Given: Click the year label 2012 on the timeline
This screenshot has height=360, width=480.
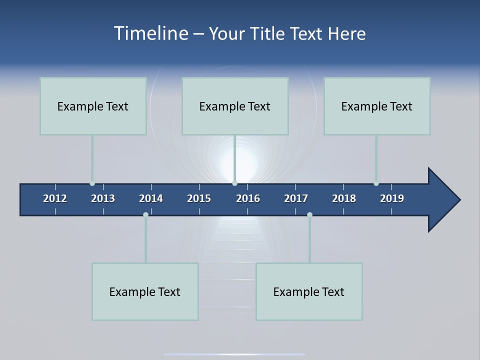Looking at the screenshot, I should click(55, 198).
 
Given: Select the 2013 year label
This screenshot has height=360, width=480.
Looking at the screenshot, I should click(103, 198).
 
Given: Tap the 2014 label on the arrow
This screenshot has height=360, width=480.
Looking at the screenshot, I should click(151, 198).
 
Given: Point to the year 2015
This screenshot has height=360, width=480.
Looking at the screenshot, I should click(199, 198).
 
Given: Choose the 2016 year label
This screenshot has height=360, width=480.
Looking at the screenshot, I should click(248, 198).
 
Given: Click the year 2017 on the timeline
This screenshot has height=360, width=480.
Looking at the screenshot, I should click(296, 198).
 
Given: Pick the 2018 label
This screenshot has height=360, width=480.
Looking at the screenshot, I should click(344, 198).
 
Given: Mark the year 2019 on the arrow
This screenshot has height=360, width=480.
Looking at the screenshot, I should click(392, 198).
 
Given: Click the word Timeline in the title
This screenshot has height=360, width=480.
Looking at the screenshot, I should click(151, 33).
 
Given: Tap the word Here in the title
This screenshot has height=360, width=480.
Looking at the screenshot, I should click(346, 33).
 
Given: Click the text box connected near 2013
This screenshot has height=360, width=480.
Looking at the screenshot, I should click(93, 106).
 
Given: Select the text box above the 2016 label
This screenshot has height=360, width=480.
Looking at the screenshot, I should click(235, 106).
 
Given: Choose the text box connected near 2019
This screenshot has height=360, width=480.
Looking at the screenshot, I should click(377, 106).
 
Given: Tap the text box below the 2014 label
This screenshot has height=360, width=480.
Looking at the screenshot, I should click(145, 291).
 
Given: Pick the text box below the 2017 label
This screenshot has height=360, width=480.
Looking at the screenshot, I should click(309, 291).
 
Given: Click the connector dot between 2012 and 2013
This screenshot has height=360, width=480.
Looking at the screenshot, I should click(92, 183).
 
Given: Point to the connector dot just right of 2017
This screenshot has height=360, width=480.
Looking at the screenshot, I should click(309, 214).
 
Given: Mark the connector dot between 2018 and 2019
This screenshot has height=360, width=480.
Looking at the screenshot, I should click(376, 183).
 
